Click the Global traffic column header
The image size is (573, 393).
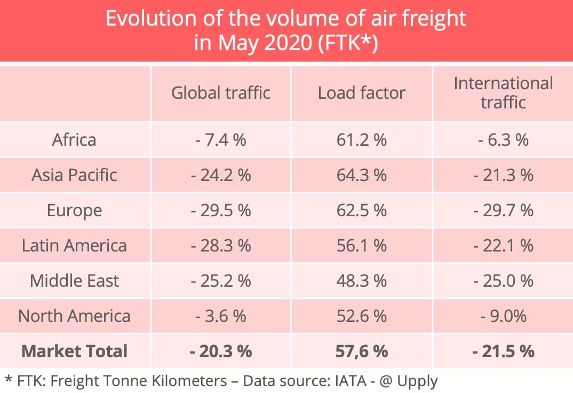[x=220, y=93]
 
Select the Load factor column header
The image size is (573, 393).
[x=361, y=93]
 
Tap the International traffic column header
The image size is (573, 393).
[x=503, y=92]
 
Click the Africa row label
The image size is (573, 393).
[x=74, y=140]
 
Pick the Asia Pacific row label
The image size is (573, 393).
[x=74, y=175]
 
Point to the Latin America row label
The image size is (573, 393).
[x=74, y=246]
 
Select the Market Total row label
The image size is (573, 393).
[x=74, y=351]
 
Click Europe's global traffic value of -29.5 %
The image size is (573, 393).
[x=220, y=210]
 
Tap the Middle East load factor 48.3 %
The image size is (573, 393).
[x=361, y=281]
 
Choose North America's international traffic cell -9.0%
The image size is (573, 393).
[x=503, y=316]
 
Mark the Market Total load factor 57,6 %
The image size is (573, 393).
[x=361, y=351]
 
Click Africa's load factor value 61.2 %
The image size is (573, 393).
[x=361, y=140]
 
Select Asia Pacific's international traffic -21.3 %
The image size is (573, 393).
[x=503, y=175]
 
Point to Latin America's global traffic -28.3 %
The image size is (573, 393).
[x=220, y=246]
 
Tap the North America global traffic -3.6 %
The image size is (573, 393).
[x=220, y=316]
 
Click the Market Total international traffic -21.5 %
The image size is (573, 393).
[x=503, y=351]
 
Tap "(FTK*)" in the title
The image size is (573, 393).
[x=347, y=42]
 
